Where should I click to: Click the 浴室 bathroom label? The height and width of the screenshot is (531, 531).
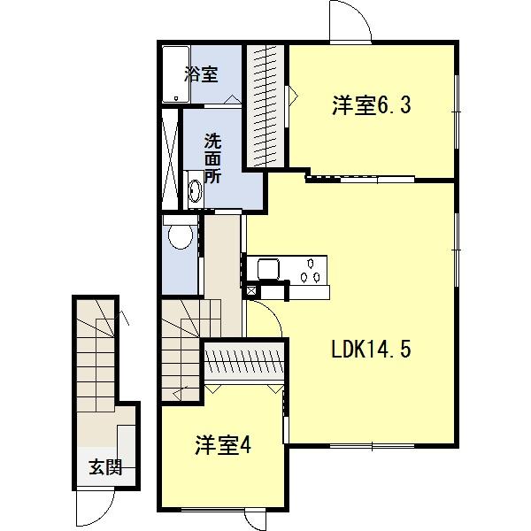coord(201,75)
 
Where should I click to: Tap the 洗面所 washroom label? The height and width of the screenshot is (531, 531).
coord(212,158)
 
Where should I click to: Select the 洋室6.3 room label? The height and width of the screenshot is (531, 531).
coord(359,105)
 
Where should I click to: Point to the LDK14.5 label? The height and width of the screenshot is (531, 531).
coord(371,350)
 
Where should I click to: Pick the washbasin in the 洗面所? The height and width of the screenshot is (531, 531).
coord(194,189)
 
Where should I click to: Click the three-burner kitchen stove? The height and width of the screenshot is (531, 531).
coord(311,269)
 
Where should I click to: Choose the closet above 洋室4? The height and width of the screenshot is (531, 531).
coord(245,362)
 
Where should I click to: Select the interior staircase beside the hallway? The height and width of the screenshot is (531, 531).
coord(181,350)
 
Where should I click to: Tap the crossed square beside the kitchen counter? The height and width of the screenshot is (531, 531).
coord(251,289)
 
